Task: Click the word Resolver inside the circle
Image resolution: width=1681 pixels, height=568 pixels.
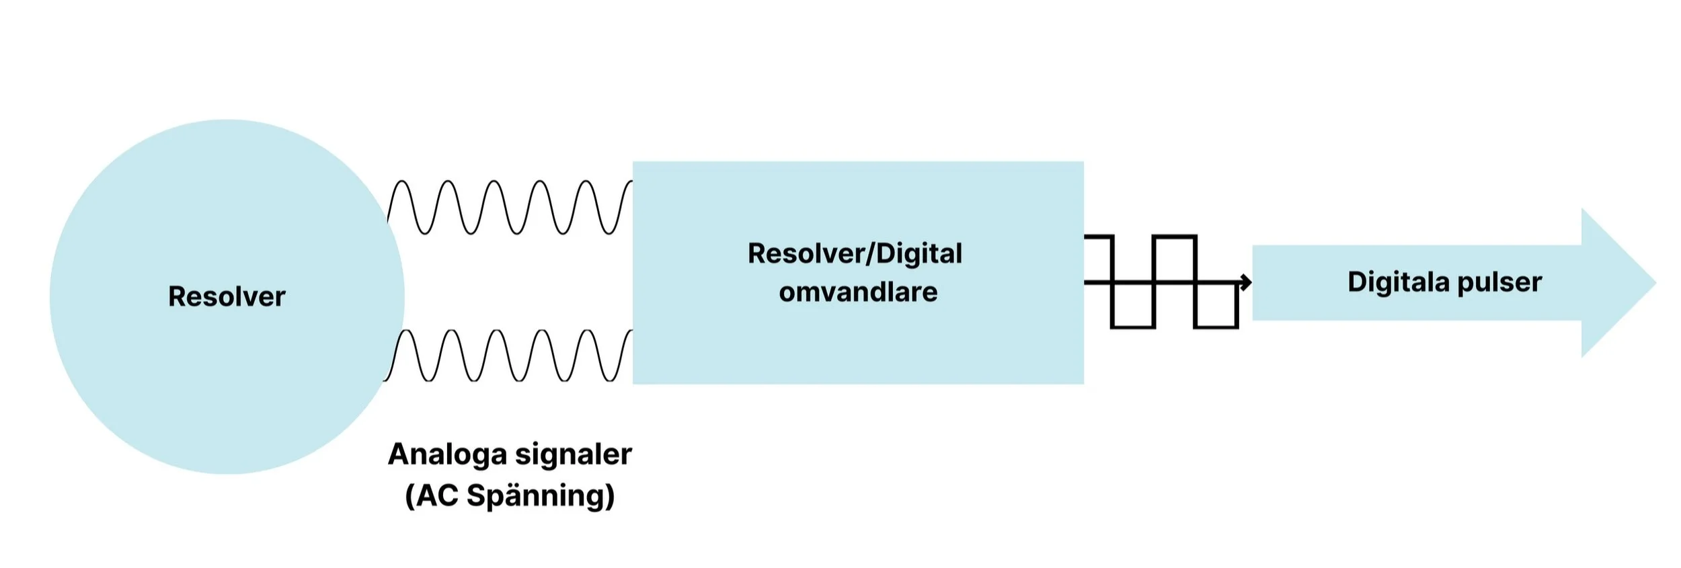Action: coord(227,296)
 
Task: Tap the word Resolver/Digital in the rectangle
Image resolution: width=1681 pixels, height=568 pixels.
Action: coord(855,254)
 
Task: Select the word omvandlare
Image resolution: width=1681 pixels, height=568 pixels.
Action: coord(858,292)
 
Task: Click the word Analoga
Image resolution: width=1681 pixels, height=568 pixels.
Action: coord(457,454)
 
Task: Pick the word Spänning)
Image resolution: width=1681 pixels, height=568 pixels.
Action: coord(541,497)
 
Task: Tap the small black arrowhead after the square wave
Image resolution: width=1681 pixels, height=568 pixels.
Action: coord(1246,282)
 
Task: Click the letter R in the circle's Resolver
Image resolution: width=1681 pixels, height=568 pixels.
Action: coord(177,296)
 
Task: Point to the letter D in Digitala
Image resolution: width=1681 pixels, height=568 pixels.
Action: coord(1356,282)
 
